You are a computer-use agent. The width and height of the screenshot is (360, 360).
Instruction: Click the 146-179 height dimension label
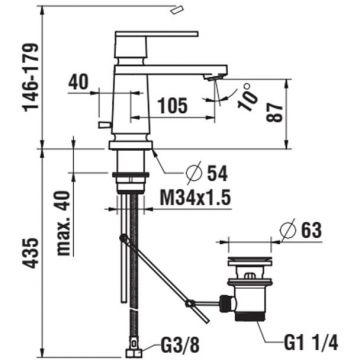click(31, 76)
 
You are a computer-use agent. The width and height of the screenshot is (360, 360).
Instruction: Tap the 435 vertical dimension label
click(32, 253)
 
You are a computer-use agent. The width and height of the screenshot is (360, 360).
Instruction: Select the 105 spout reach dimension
click(172, 106)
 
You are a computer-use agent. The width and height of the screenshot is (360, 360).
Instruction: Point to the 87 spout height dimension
click(276, 112)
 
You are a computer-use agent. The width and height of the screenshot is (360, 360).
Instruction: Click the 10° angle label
click(248, 97)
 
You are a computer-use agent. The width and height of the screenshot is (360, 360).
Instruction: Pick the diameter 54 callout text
click(207, 173)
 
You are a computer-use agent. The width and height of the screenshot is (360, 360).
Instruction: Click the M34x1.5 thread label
click(195, 199)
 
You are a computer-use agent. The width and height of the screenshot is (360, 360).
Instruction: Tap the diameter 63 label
click(301, 230)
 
